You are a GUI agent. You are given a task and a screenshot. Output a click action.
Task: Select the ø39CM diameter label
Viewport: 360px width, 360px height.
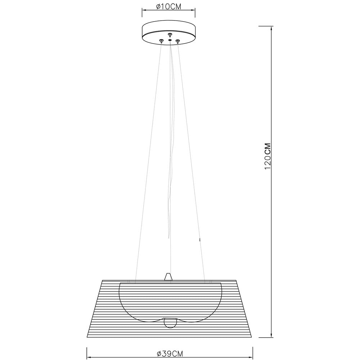(x=170, y=354)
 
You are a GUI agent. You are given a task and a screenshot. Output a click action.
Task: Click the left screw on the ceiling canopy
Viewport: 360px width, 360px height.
(x=161, y=40)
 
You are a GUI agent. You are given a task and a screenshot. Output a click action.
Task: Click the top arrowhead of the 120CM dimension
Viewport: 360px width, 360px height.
(x=270, y=28)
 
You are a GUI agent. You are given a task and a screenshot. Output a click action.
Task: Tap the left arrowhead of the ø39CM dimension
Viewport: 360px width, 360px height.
(x=89, y=348)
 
